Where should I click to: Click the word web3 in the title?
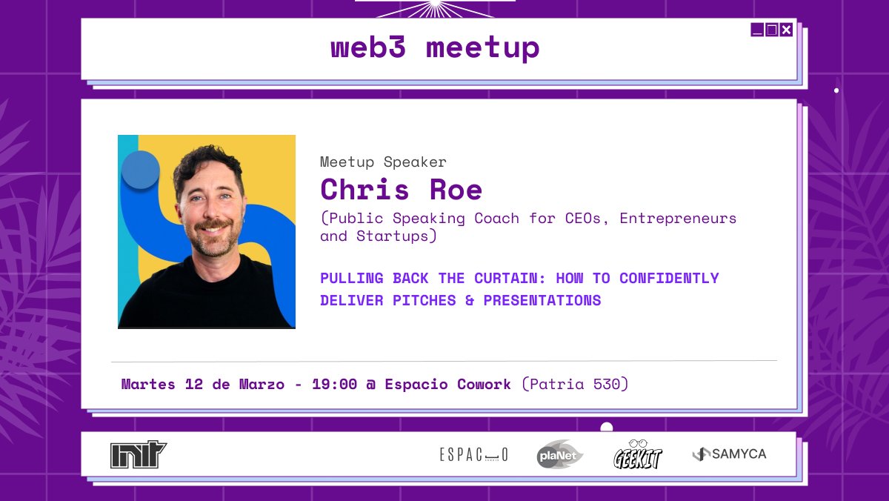pyautogui.click(x=368, y=48)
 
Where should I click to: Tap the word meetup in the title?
pyautogui.click(x=482, y=49)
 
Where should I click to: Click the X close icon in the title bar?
pyautogui.click(x=786, y=30)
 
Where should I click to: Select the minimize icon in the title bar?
pyautogui.click(x=757, y=30)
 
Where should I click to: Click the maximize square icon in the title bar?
pyautogui.click(x=771, y=30)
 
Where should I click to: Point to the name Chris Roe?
pyautogui.click(x=401, y=190)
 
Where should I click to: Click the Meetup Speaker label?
pyautogui.click(x=383, y=162)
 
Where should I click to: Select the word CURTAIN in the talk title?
pyautogui.click(x=506, y=278)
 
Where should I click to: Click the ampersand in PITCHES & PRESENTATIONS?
pyautogui.click(x=470, y=300)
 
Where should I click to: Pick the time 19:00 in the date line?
pyautogui.click(x=334, y=384)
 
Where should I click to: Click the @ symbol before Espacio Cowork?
pyautogui.click(x=370, y=384)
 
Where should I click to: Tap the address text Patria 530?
pyautogui.click(x=575, y=384)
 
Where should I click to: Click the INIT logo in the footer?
pyautogui.click(x=139, y=454)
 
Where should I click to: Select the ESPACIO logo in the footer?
pyautogui.click(x=474, y=454)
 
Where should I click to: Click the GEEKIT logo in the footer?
pyautogui.click(x=637, y=454)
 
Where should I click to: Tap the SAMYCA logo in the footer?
pyautogui.click(x=730, y=454)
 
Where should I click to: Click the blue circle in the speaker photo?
pyautogui.click(x=140, y=170)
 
